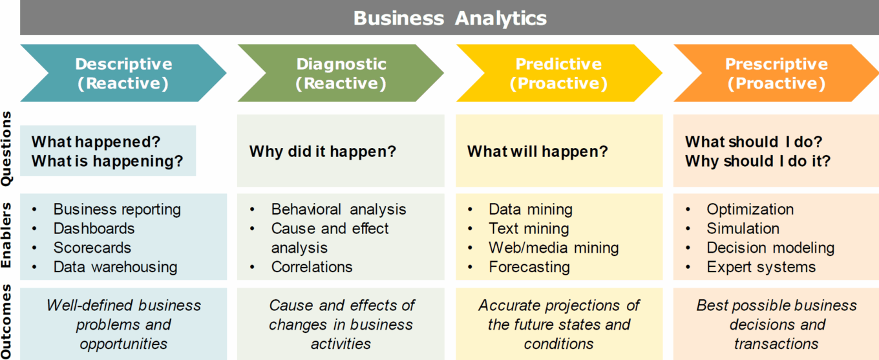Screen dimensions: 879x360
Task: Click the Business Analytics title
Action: click(450, 19)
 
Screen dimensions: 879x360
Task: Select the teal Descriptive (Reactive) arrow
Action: click(123, 73)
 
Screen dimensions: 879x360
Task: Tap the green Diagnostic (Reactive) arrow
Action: click(341, 73)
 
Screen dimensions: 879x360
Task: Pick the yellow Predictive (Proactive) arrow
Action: click(559, 73)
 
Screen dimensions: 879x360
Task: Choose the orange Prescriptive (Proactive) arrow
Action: click(776, 73)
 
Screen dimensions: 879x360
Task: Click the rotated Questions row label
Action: click(6, 149)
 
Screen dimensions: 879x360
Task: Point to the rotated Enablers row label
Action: click(6, 235)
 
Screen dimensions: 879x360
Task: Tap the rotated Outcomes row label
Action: click(6, 321)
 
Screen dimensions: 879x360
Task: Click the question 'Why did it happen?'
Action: click(323, 151)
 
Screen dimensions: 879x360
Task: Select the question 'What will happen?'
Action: click(537, 151)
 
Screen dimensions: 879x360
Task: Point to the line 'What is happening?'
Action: click(107, 162)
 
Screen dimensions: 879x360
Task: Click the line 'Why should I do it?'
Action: click(757, 162)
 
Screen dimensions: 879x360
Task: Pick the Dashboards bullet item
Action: click(94, 229)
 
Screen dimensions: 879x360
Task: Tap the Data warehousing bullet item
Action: click(115, 267)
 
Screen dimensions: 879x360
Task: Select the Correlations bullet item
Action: click(312, 267)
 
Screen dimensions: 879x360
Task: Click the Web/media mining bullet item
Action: click(554, 248)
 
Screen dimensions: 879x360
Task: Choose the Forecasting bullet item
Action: click(529, 267)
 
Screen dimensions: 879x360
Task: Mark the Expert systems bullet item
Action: click(761, 267)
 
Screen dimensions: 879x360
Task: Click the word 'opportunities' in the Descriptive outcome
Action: click(123, 344)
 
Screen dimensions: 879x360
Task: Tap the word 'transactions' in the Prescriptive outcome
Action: click(776, 344)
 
